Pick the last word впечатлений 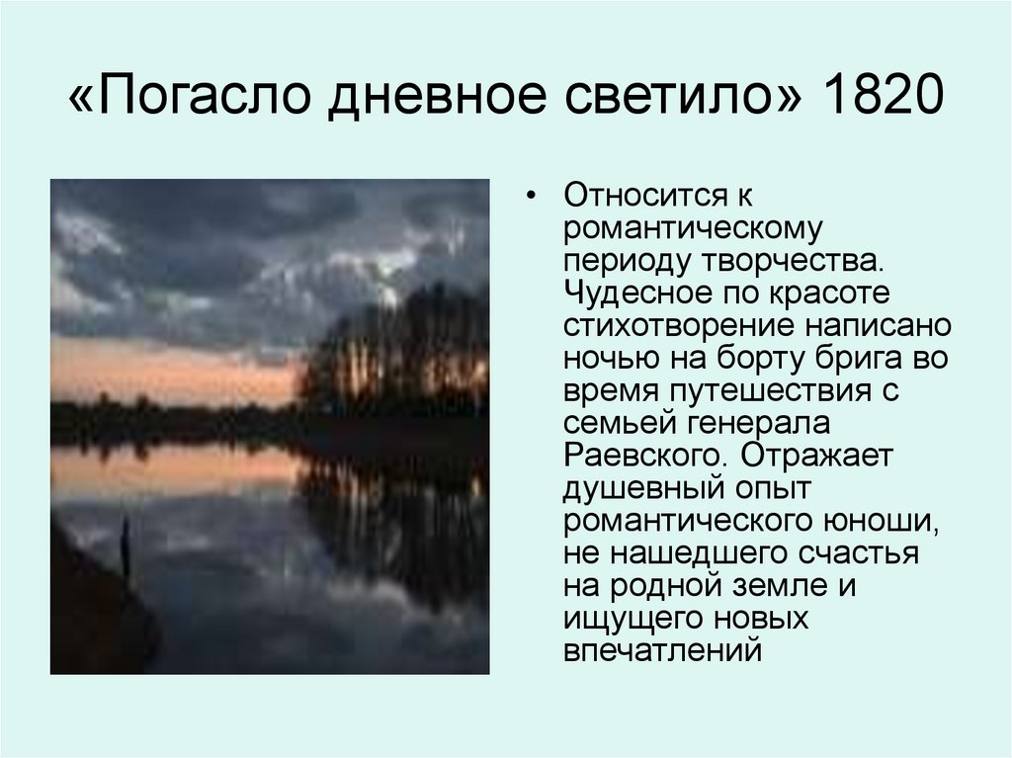[x=662, y=651]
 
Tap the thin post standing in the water [x=126, y=548]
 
